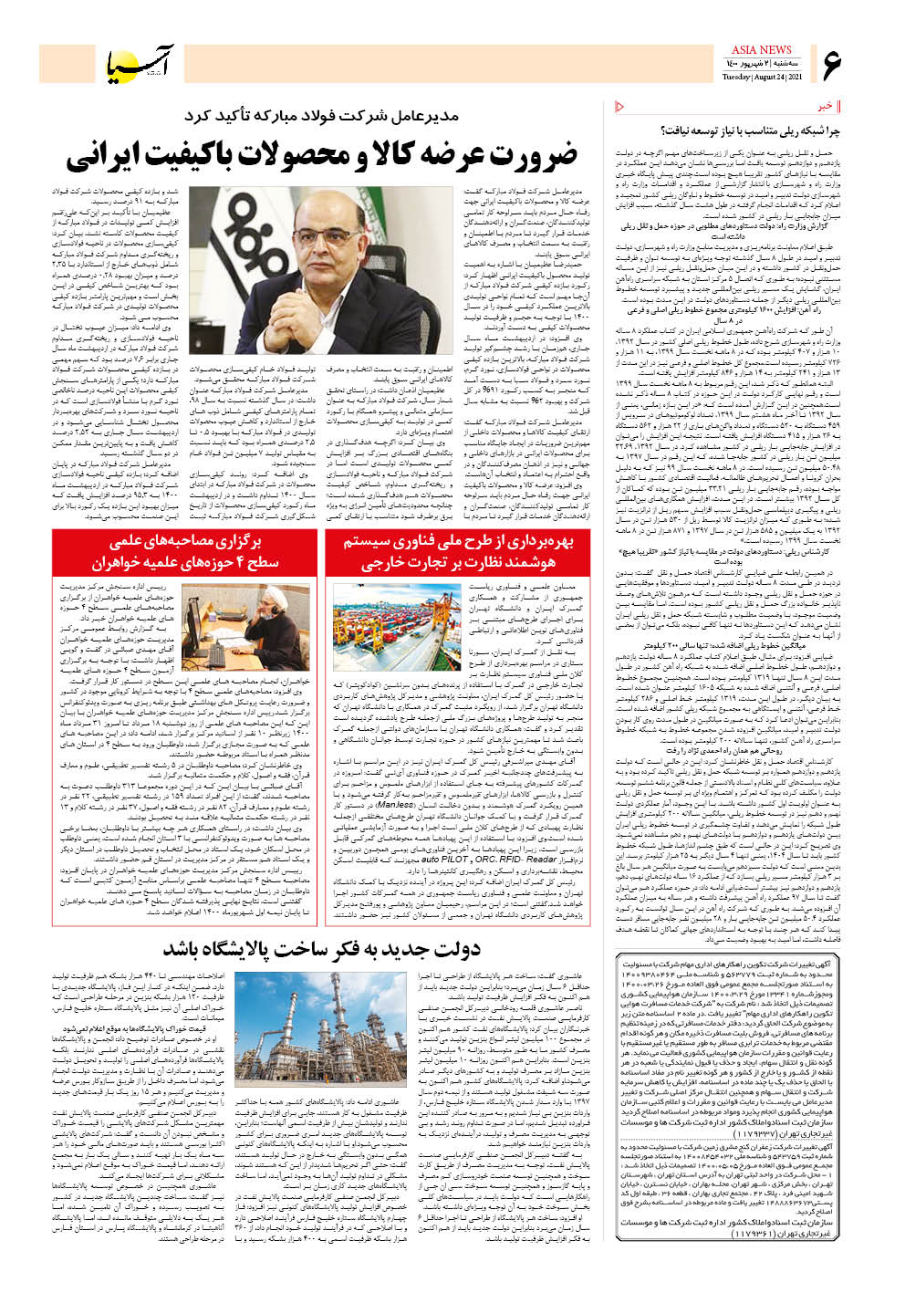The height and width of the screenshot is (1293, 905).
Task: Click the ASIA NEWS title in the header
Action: pos(761,49)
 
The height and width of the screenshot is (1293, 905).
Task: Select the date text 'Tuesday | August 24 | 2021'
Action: pos(761,77)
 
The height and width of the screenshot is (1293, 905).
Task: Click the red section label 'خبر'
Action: pos(825,107)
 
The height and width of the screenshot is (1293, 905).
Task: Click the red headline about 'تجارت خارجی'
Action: pos(458,552)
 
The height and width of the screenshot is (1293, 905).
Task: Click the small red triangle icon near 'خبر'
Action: pos(621,107)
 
